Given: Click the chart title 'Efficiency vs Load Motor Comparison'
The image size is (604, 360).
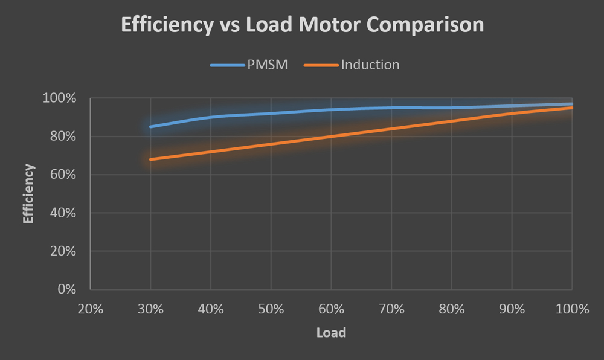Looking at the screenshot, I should tap(302, 25).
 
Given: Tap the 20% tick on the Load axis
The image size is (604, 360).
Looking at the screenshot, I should tap(90, 309).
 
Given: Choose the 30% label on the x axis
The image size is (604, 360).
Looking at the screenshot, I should tap(150, 309).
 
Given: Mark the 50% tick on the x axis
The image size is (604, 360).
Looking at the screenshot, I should tap(271, 309).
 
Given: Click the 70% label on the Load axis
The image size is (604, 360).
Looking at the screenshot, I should tap(391, 309).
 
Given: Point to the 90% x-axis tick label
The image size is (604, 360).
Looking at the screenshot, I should tap(512, 309).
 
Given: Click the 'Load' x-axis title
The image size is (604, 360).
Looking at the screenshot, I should tap(331, 333).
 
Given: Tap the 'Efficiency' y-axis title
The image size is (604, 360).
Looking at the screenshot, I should tap(28, 193).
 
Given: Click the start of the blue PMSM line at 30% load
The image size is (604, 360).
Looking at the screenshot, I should tap(151, 127).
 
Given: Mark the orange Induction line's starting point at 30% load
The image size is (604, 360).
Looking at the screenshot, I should tap(151, 159).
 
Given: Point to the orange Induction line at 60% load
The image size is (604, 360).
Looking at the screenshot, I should tap(332, 137).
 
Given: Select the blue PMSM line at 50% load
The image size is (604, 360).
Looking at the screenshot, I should tap(271, 114).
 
